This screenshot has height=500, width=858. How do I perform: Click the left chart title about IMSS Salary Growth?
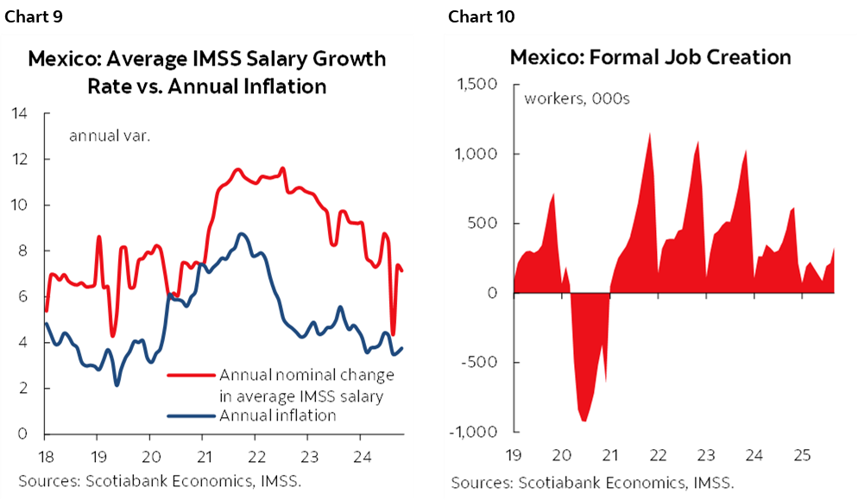coord(206,73)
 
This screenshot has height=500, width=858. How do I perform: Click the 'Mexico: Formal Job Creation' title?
coord(650,57)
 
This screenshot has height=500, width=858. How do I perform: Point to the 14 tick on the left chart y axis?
coord(19,114)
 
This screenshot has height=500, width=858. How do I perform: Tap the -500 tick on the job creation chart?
coord(482,363)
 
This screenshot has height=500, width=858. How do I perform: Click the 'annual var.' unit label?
coord(110,135)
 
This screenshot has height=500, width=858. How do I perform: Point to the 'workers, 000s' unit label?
coord(577,98)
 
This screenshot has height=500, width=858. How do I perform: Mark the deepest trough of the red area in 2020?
coord(584,421)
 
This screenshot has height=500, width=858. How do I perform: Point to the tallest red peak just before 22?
coord(650,133)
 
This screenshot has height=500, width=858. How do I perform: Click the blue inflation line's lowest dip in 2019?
coord(117,384)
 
